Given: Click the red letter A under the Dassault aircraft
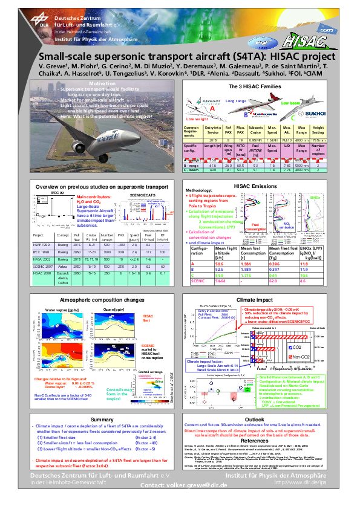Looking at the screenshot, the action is coord(212,108).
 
